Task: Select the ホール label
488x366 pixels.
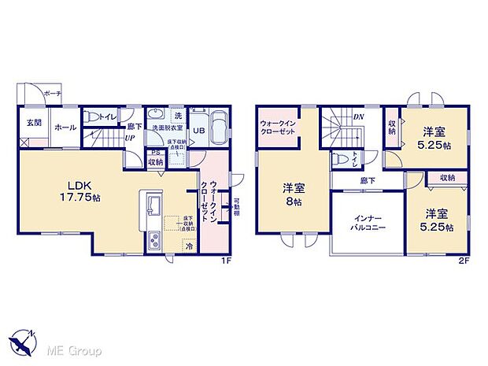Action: pyautogui.click(x=65, y=127)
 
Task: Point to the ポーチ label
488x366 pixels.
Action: pyautogui.click(x=53, y=93)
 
